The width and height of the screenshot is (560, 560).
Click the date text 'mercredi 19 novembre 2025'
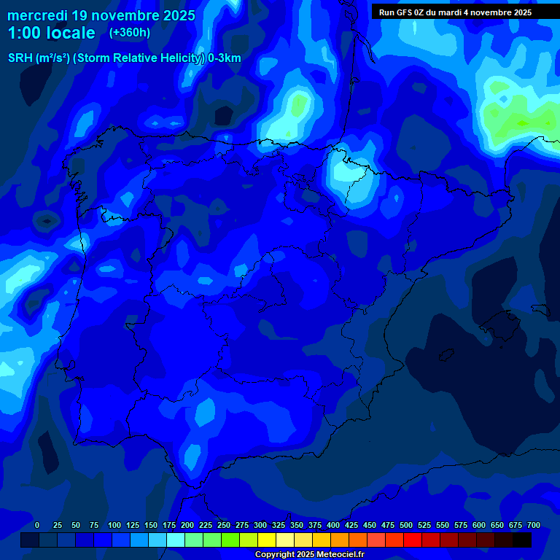tap(101, 15)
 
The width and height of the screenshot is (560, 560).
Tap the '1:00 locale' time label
tap(52, 33)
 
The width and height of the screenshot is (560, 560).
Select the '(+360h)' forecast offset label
tap(130, 33)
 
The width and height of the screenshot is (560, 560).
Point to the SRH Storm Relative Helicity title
tap(125, 58)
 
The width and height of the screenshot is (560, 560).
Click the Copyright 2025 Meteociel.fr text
tap(309, 555)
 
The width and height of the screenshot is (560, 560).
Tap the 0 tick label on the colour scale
tap(37, 526)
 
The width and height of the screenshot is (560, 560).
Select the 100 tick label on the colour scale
tap(114, 526)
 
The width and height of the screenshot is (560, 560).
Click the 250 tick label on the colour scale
tap(224, 526)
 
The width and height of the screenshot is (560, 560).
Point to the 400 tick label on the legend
tap(333, 526)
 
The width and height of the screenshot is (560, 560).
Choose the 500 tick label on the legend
tap(406, 526)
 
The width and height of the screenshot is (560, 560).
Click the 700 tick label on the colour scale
tap(534, 526)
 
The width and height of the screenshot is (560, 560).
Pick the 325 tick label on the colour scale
tap(279, 526)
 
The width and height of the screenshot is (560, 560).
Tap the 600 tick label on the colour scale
tap(479, 526)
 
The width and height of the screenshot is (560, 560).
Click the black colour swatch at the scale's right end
tap(522, 540)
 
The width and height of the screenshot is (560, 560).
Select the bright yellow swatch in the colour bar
tap(267, 540)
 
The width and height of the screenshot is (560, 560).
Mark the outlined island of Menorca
tap(540, 309)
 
